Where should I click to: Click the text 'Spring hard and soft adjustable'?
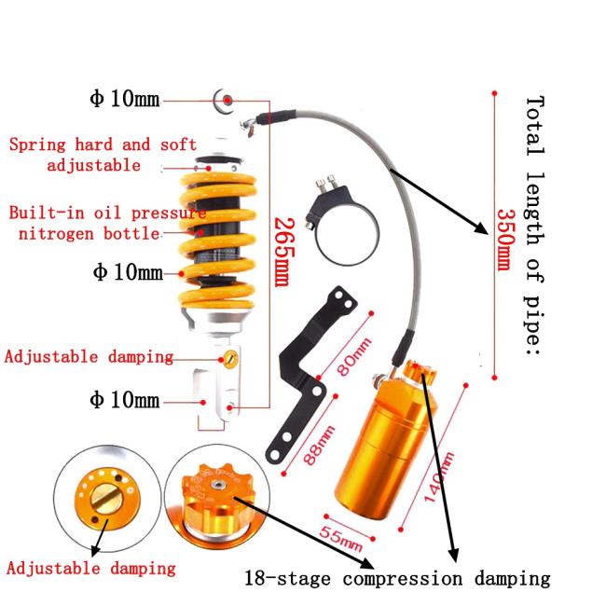103,154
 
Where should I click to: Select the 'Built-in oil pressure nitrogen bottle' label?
106,222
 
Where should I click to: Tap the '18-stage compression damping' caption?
397,578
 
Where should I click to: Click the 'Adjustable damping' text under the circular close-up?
91,568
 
